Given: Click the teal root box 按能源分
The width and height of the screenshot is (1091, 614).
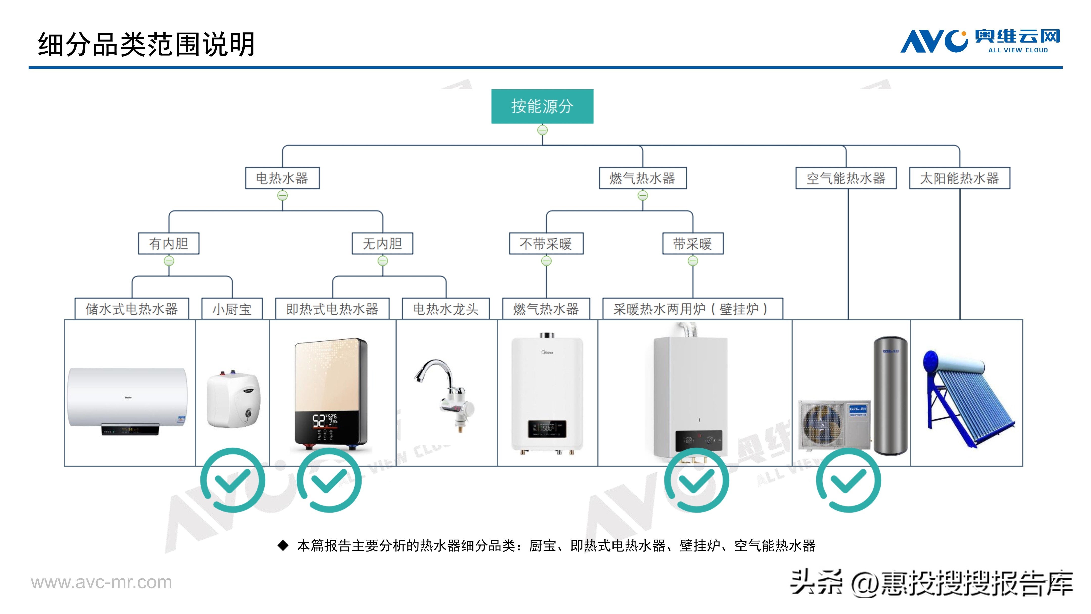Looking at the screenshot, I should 542,106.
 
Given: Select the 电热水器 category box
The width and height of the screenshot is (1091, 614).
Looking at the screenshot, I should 282,178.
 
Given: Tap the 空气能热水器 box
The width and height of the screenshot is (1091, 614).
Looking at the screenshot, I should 846,178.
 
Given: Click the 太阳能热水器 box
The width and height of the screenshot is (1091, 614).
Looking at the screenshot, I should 959,178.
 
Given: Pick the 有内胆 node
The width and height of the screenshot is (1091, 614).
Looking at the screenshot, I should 169,243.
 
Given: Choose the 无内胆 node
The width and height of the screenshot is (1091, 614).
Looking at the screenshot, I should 382,243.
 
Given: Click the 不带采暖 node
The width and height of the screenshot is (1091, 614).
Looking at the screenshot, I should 546,243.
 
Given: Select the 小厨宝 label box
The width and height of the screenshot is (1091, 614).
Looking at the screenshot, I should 232,309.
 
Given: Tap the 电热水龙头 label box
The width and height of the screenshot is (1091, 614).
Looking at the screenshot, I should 446,309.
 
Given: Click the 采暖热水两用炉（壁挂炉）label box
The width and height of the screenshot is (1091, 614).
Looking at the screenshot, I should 692,309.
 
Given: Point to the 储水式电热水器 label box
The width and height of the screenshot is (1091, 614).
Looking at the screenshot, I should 132,309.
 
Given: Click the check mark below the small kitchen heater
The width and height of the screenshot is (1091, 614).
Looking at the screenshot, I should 233,480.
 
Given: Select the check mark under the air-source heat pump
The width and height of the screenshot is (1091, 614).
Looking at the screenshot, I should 848,480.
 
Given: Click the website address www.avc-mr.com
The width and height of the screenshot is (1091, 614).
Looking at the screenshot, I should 102,582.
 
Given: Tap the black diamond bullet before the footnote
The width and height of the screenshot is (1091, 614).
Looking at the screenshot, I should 283,545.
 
